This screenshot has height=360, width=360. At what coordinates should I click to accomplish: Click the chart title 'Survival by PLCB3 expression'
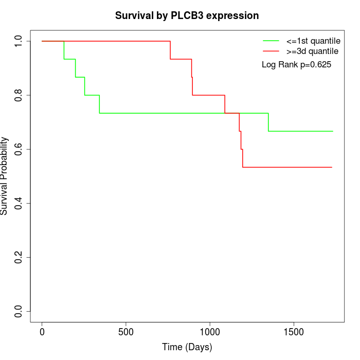(x=187, y=15)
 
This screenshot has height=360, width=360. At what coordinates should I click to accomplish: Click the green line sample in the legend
(x=271, y=41)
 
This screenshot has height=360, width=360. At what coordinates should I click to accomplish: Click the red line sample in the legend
(x=271, y=51)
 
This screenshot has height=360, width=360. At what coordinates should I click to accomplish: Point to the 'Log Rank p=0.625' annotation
(x=296, y=65)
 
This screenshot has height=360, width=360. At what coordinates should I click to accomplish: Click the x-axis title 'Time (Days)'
(x=187, y=347)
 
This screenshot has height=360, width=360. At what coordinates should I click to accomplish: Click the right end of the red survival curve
(x=332, y=167)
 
